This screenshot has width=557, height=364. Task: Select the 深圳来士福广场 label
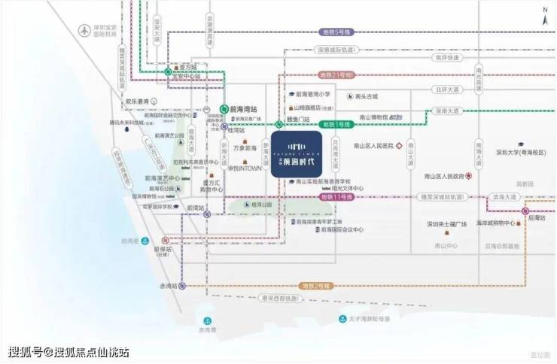tap(447, 224)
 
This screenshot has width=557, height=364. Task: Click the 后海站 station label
tap(537, 218)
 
